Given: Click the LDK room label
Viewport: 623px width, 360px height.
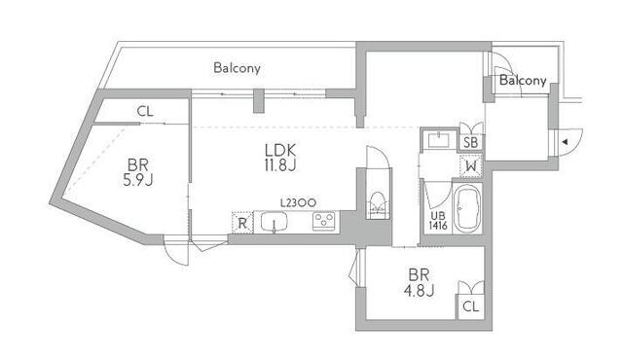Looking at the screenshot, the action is pyautogui.click(x=280, y=150).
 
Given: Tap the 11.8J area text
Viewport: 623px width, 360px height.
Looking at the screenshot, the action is pyautogui.click(x=280, y=165).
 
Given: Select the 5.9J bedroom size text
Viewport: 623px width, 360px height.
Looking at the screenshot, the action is pyautogui.click(x=138, y=180).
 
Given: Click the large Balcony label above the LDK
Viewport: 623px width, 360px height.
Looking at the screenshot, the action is pyautogui.click(x=237, y=68).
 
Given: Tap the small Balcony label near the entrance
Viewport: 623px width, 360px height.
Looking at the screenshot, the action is pyautogui.click(x=523, y=81).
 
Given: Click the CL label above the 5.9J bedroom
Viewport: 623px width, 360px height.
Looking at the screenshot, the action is pyautogui.click(x=145, y=112).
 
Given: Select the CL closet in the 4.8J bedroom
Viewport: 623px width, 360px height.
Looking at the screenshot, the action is pyautogui.click(x=471, y=306).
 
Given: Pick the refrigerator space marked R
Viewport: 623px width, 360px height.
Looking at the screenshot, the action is pyautogui.click(x=242, y=223).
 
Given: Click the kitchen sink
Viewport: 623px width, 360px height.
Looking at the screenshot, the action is pyautogui.click(x=275, y=222).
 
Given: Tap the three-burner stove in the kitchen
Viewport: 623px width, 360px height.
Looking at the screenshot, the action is pyautogui.click(x=324, y=221).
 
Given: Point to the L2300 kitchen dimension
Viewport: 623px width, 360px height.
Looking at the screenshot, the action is pyautogui.click(x=298, y=203).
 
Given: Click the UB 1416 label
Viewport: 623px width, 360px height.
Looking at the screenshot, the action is pyautogui.click(x=437, y=221).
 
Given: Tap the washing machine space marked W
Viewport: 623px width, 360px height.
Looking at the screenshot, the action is pyautogui.click(x=471, y=166).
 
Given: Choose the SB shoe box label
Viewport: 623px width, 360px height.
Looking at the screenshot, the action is pyautogui.click(x=471, y=142).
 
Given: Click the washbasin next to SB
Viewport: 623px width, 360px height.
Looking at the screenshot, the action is pyautogui.click(x=439, y=140).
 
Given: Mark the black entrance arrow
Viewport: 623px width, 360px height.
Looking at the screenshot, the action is pyautogui.click(x=564, y=142).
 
